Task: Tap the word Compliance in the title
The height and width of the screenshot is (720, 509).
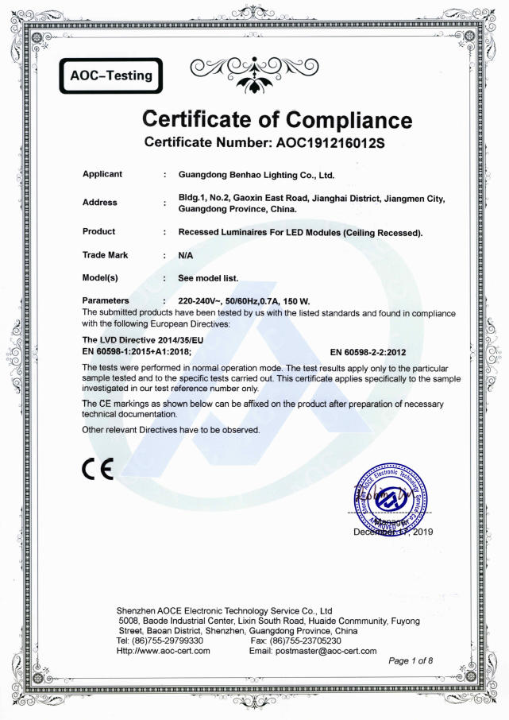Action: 349,120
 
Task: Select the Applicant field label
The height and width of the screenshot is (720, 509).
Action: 102,174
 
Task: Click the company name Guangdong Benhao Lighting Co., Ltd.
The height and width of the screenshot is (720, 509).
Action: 256,174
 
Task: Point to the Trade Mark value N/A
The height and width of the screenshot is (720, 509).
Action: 187,256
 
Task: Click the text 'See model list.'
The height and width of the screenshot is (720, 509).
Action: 209,279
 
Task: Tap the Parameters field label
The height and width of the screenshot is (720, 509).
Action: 106,301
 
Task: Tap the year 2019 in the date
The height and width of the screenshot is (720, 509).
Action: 422,532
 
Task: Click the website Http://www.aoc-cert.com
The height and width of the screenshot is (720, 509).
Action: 164,651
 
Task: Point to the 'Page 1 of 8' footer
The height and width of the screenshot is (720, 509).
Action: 411,661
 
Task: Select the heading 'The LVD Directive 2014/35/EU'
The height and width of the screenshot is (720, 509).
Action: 148,339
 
